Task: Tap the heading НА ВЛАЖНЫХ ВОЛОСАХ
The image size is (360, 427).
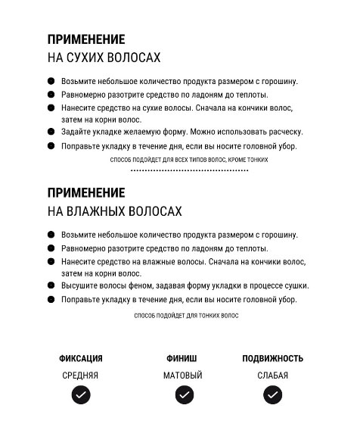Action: (114, 210)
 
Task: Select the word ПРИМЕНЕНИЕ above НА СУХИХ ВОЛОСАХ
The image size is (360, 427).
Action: (86, 39)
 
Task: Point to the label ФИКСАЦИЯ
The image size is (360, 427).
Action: (80, 358)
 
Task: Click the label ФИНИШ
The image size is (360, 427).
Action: (182, 358)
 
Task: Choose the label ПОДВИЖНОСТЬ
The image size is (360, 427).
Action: (272, 358)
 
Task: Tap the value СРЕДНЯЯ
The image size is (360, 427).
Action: (80, 375)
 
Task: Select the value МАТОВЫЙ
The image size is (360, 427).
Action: (183, 375)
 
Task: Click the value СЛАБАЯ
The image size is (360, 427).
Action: (272, 375)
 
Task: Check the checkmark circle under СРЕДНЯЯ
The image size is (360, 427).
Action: (80, 394)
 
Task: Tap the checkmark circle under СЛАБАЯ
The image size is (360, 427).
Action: (273, 394)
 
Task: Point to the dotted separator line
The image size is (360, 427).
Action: (189, 171)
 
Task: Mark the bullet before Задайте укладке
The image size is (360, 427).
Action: (51, 131)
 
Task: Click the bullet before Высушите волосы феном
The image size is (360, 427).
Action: (51, 285)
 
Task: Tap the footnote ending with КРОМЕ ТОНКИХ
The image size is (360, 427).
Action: (189, 160)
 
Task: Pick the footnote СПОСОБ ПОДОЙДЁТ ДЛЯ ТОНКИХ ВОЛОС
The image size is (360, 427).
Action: (186, 315)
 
